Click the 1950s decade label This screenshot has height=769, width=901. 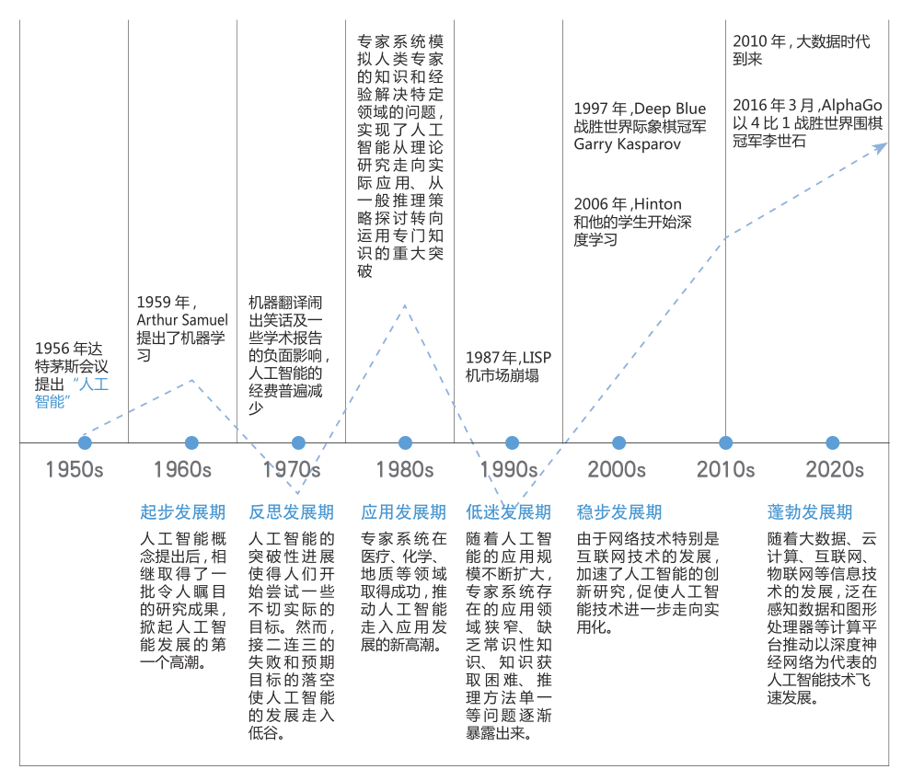click(75, 469)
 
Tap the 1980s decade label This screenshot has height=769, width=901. click(404, 469)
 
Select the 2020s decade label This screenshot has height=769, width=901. click(835, 469)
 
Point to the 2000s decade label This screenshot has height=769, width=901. click(617, 469)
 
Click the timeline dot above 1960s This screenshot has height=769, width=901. click(191, 443)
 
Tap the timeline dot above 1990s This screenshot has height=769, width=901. click(512, 443)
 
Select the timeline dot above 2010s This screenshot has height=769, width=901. click(725, 443)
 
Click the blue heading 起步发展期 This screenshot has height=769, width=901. click(182, 512)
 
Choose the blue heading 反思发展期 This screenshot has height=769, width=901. click(291, 512)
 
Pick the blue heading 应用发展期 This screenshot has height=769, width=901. click(403, 512)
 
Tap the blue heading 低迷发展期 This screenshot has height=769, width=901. click(508, 512)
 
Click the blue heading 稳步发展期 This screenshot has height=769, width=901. click(618, 512)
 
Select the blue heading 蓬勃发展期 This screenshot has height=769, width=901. click(810, 512)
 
